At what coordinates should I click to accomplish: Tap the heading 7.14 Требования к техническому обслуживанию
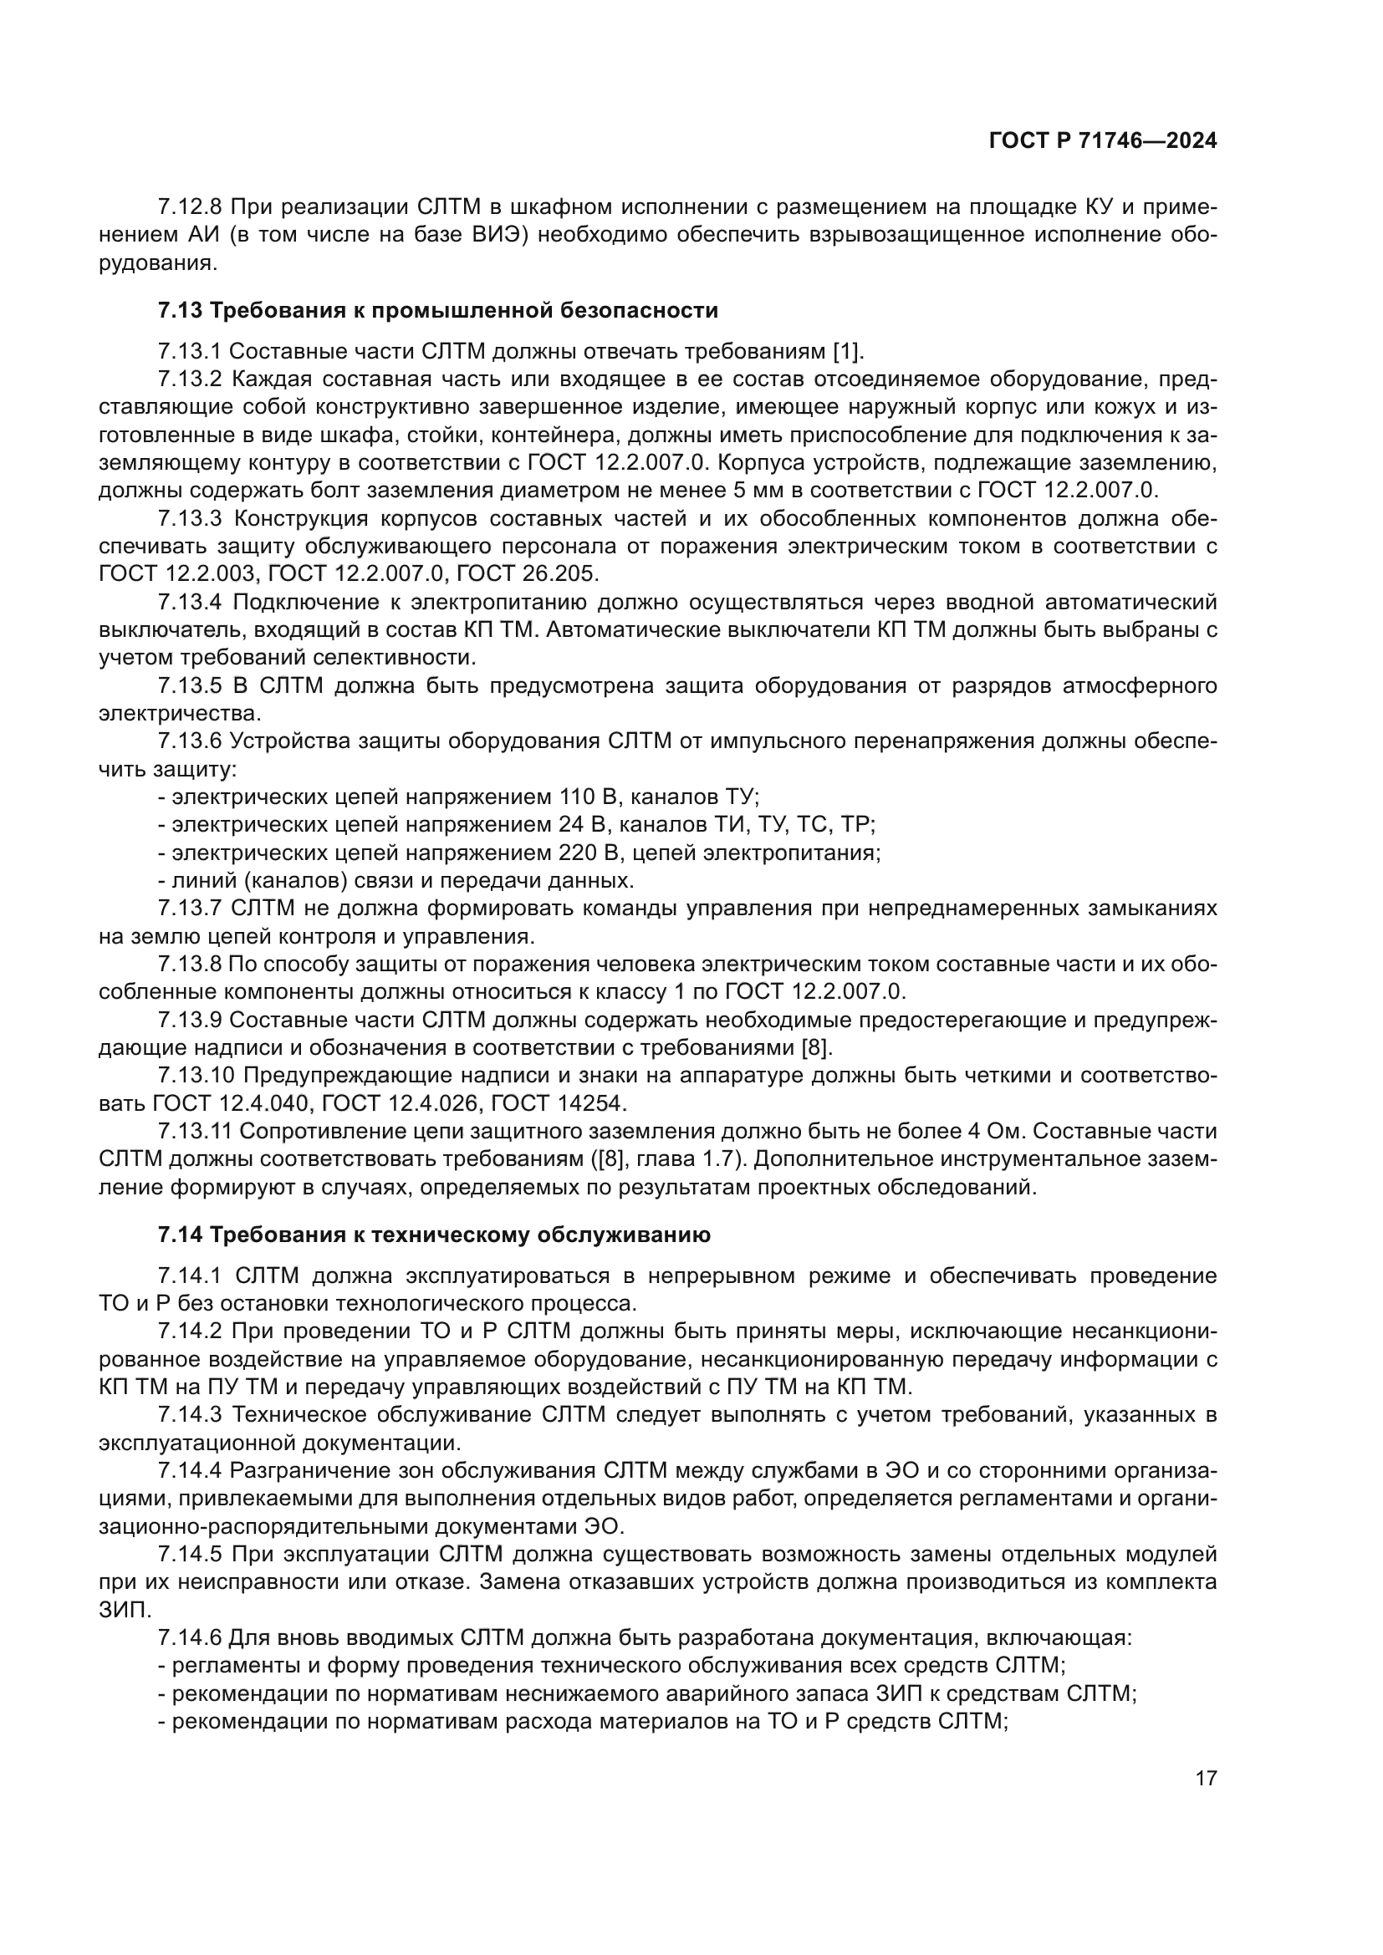(x=434, y=1235)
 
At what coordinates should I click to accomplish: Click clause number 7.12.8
(x=190, y=207)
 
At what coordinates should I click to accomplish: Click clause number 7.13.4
(x=190, y=602)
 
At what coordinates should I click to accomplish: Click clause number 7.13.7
(x=190, y=908)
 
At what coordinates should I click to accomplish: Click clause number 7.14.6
(x=190, y=1637)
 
